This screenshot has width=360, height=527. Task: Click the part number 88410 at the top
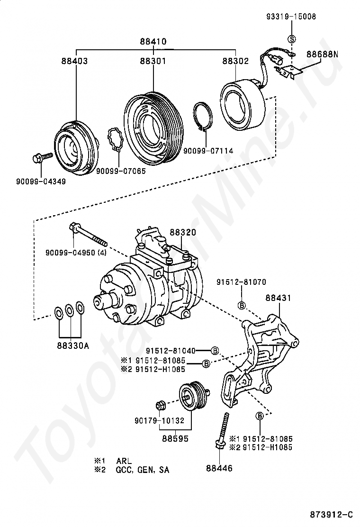tap(153, 41)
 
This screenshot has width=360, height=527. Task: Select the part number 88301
tap(153, 61)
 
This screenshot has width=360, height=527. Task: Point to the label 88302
tap(235, 61)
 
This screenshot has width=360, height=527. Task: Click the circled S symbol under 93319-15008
tap(292, 38)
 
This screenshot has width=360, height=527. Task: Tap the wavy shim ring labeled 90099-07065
tap(116, 140)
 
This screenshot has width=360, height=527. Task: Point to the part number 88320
tap(183, 232)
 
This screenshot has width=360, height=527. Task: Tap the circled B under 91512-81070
tap(241, 306)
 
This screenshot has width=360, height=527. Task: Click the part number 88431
tap(278, 298)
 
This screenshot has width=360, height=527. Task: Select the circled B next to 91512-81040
tap(215, 351)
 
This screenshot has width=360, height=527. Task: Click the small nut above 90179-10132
tap(160, 405)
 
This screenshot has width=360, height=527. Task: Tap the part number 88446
tap(219, 468)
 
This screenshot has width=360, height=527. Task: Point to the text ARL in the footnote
tap(124, 461)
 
